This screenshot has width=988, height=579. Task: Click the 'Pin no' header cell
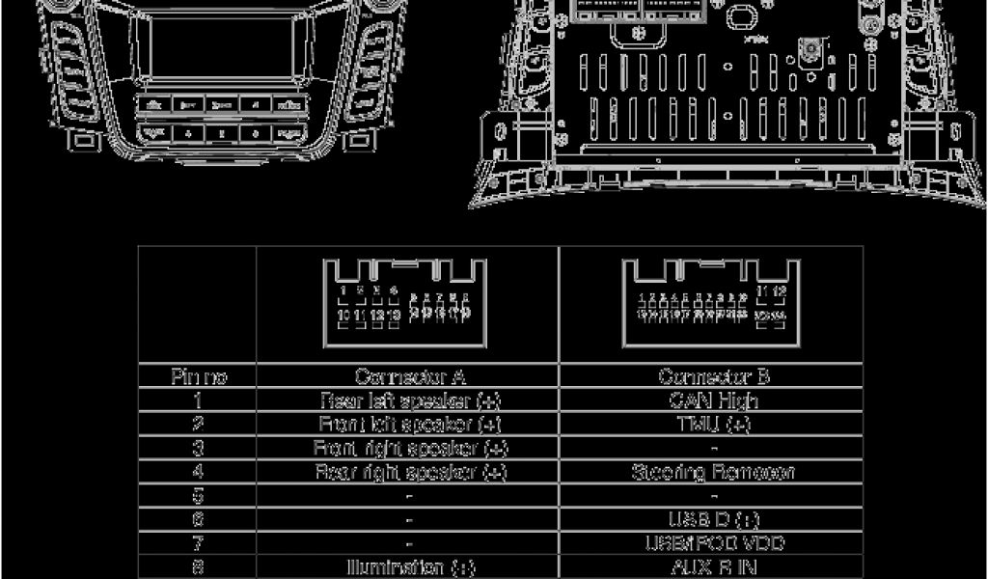coord(198,376)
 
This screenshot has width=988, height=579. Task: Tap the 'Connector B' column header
coord(713,376)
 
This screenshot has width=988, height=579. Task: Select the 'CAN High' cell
coord(713,400)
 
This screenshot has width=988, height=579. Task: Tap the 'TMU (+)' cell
coord(713,424)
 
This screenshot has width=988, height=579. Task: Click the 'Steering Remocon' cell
coord(713,472)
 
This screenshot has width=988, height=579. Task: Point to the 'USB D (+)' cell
coord(713,520)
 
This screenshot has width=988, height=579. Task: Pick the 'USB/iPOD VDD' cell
coord(713,543)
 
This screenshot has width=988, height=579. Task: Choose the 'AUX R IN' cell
coord(713,567)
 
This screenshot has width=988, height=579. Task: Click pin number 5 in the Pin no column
coord(198,496)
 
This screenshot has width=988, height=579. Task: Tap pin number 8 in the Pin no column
coord(198,567)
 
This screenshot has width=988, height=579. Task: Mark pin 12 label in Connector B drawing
coord(780,290)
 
